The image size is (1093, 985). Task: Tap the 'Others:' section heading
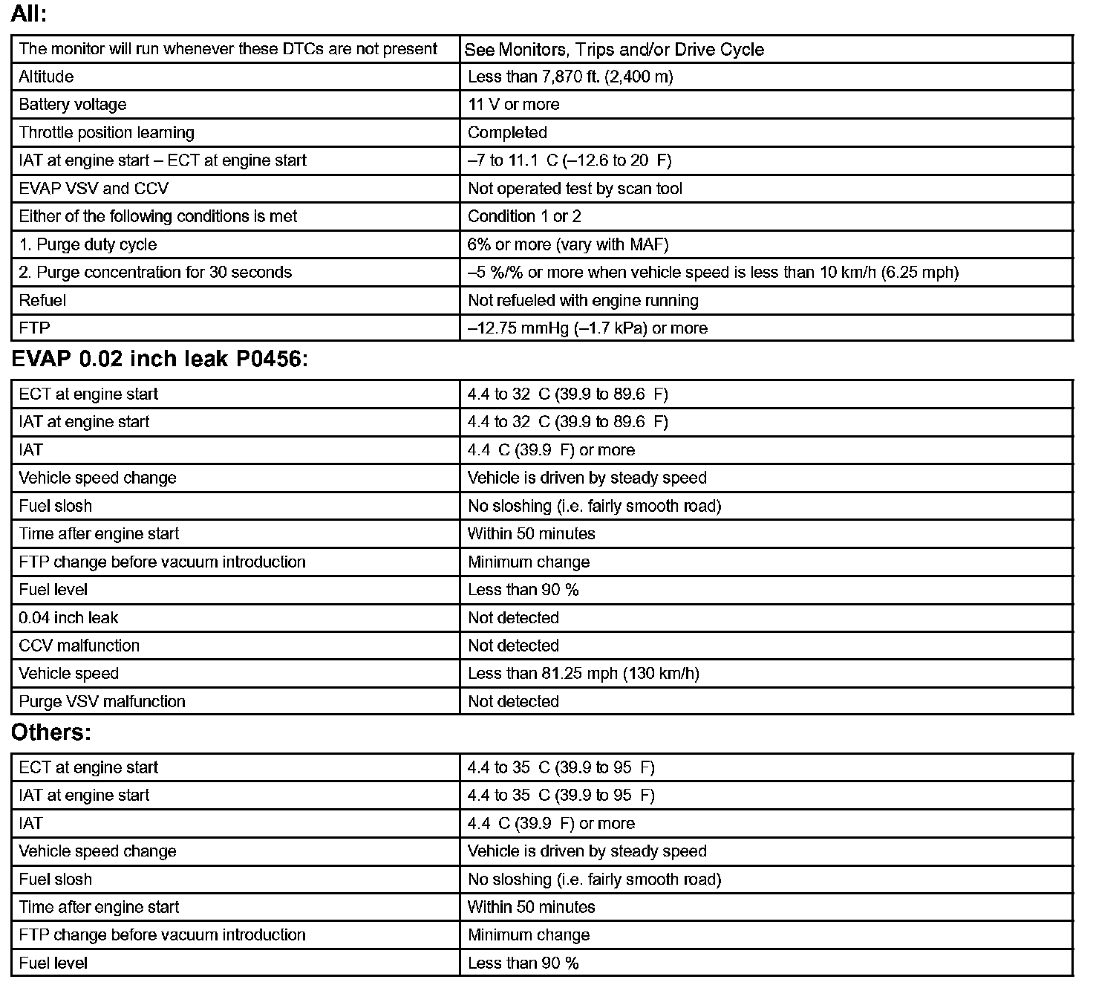coord(50,733)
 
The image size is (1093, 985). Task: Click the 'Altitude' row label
coord(46,77)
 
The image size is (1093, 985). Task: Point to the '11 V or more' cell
coord(513,105)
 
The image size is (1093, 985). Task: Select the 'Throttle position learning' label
coord(106,133)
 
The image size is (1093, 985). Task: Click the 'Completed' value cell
coord(507,133)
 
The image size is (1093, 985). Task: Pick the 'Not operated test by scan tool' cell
coord(575,189)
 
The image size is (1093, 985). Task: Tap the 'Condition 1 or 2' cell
coord(524,217)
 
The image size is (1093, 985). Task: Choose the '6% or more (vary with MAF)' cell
coord(572,244)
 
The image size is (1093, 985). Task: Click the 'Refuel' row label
coord(42,301)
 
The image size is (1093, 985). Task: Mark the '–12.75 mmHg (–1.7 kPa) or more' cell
coord(587,328)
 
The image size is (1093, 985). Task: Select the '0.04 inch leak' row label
coord(68,618)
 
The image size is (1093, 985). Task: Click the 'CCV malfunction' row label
coord(79,646)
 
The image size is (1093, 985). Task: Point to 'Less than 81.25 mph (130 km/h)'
coord(583,674)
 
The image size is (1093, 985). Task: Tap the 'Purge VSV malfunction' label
coord(102,702)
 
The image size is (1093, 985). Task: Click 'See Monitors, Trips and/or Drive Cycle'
coord(614,50)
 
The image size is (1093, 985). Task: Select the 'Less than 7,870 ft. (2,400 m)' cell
coord(570,77)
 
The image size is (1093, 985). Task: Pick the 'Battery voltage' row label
coord(73,105)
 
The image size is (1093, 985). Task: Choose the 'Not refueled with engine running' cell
coord(583,301)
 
